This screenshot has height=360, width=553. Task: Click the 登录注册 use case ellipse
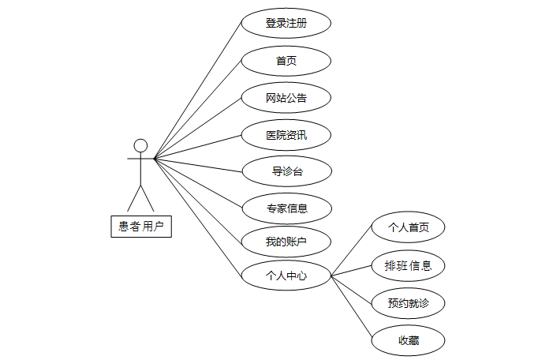[x=286, y=23]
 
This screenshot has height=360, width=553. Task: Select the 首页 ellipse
[x=286, y=61]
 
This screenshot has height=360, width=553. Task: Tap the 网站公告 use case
[x=286, y=98]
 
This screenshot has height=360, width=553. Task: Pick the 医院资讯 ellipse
[x=286, y=135]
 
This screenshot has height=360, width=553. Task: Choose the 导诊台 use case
[x=286, y=171]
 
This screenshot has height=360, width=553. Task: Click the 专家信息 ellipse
[x=286, y=208]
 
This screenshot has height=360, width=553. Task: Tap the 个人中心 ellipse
[x=286, y=276]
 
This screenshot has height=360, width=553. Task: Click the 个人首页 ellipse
[x=409, y=228]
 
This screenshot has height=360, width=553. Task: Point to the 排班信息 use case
[x=409, y=265]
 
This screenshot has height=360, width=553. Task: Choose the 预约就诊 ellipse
[x=409, y=303]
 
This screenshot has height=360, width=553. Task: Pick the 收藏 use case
[x=409, y=341]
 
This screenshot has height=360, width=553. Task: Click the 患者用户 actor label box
[x=141, y=227]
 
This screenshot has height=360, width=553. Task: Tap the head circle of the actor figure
[x=140, y=145]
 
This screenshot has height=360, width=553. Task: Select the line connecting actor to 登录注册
[x=197, y=91]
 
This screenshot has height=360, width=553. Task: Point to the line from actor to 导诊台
[x=197, y=164]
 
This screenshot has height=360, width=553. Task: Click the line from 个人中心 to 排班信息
[x=351, y=271]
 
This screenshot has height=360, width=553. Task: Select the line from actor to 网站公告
[x=197, y=128]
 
